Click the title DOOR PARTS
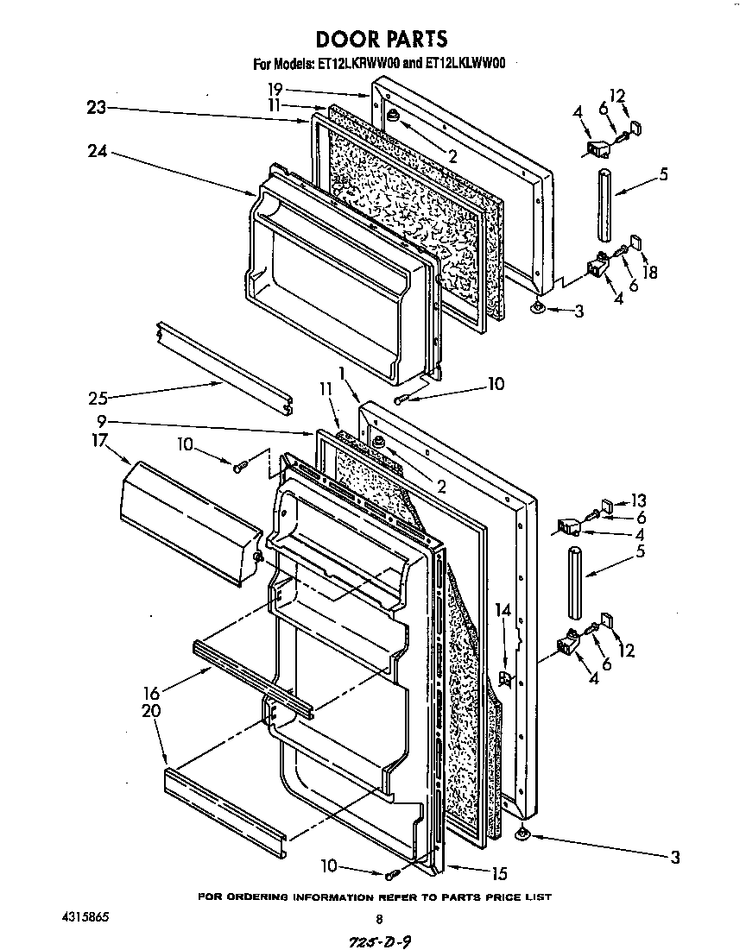[381, 39]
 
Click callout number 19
[275, 89]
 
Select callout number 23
[96, 108]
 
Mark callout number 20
[151, 711]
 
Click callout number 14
[503, 610]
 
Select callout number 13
[638, 500]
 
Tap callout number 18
[650, 272]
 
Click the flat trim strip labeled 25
[224, 370]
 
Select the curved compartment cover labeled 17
[186, 521]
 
